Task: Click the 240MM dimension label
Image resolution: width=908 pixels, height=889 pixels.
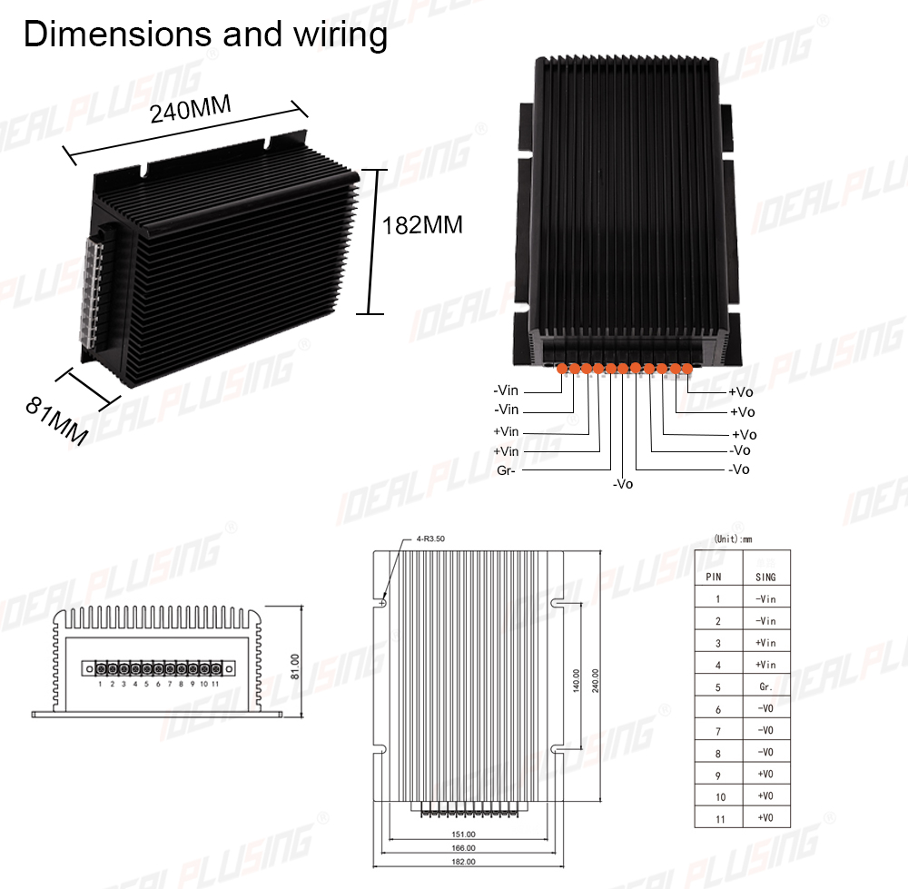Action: point(191,109)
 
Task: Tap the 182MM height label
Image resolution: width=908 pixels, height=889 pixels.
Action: point(422,225)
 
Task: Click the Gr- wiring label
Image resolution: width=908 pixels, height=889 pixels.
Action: point(506,471)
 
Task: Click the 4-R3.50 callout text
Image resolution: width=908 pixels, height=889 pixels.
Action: point(430,538)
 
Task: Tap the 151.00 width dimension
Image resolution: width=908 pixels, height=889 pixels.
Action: point(463,835)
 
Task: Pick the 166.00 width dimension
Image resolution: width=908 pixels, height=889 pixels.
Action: point(463,848)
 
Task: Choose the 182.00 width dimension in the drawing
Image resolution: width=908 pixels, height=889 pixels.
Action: point(463,862)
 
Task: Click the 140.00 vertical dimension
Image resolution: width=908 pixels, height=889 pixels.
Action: point(577,680)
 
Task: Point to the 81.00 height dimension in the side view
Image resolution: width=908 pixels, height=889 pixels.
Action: point(295,667)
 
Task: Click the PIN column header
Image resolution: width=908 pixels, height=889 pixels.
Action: point(714,577)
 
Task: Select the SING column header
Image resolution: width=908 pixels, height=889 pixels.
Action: point(765,577)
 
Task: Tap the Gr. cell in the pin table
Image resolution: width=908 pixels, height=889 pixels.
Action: point(765,687)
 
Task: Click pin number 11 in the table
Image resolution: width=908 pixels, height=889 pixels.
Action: point(720,819)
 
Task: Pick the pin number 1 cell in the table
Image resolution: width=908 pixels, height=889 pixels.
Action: point(718,599)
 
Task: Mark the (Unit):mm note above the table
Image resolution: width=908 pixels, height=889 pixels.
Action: point(733,539)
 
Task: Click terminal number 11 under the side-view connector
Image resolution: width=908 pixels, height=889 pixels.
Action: point(215,684)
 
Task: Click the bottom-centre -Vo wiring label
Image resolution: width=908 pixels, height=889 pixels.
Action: point(623,484)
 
